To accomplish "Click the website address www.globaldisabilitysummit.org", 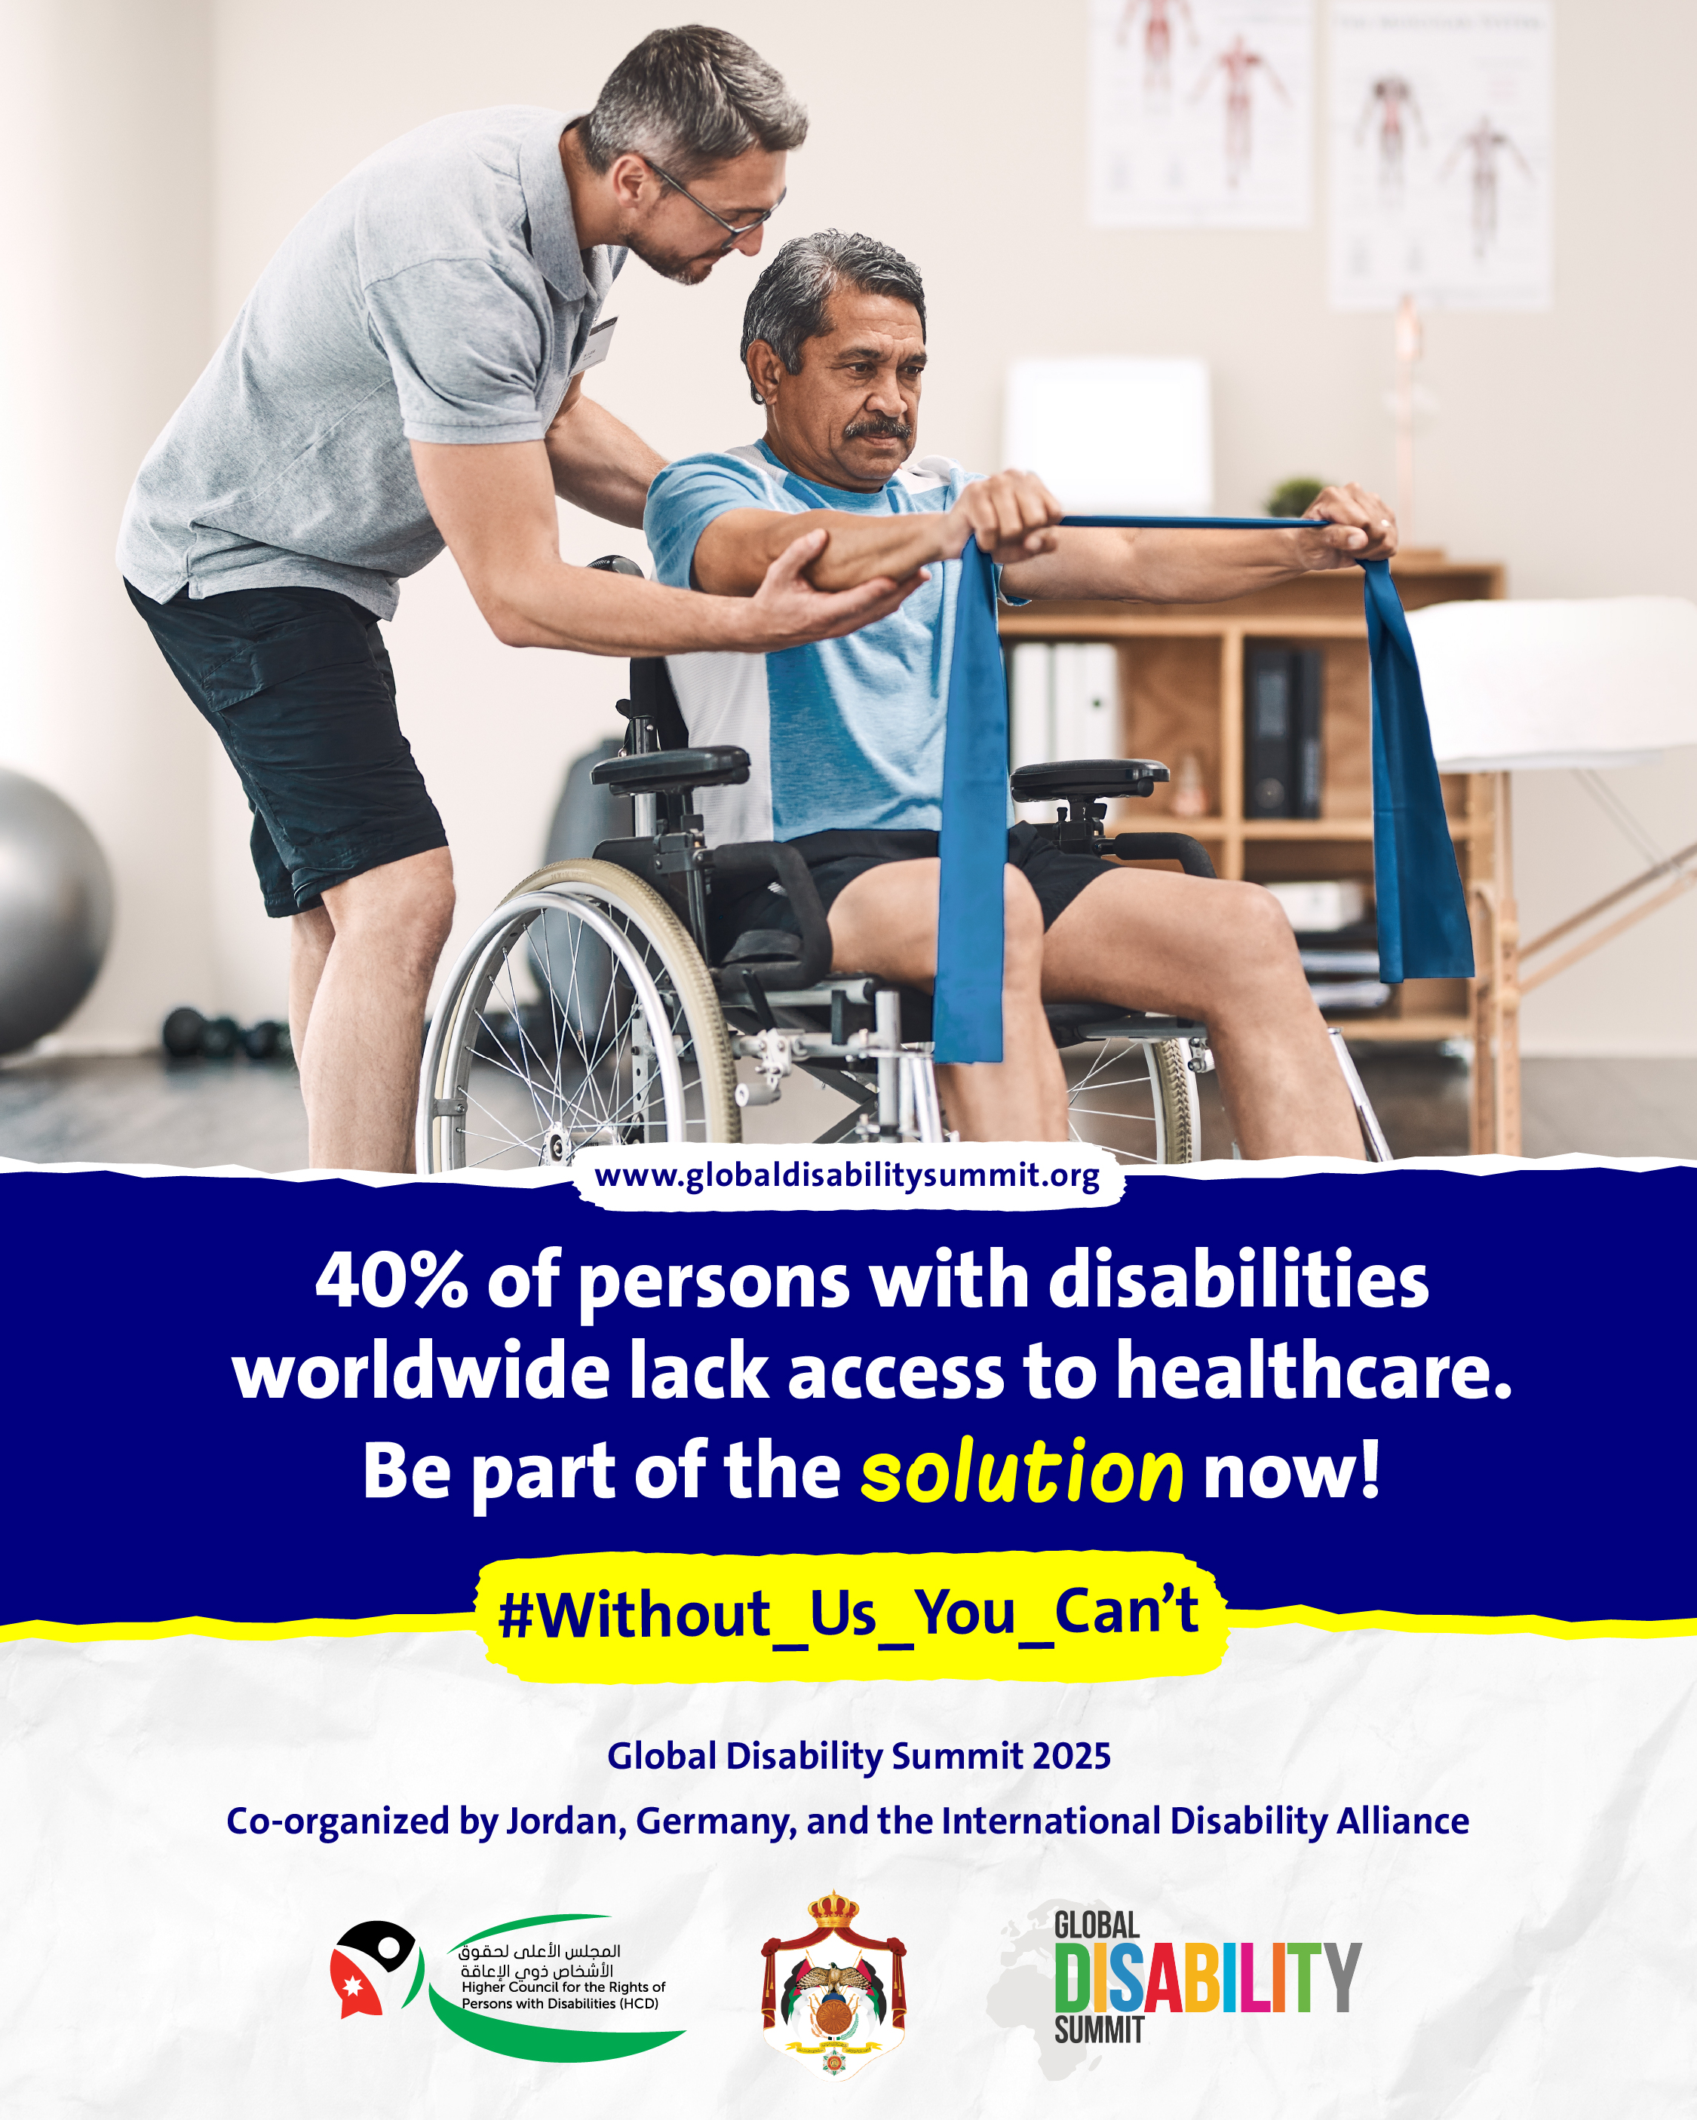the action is click(847, 1176).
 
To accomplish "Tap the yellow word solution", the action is click(1022, 1471).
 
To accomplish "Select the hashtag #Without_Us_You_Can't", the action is click(848, 1613).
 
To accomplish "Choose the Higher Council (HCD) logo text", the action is click(562, 1978).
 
